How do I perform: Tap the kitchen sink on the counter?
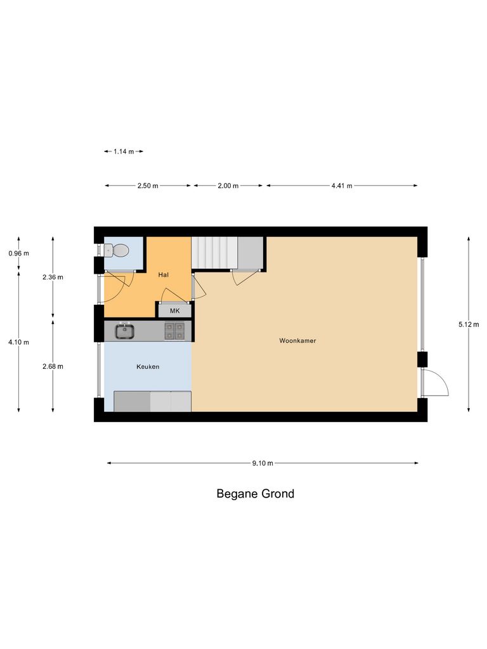124,330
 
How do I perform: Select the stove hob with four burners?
174,330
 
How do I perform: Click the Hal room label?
164,274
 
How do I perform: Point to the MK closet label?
174,311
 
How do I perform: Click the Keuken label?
148,367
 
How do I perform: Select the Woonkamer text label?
297,341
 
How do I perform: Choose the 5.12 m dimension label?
469,324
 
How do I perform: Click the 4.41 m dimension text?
341,186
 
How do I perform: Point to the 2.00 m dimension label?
228,186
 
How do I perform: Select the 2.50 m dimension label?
148,186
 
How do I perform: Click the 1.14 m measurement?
124,151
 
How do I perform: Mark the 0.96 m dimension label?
18,254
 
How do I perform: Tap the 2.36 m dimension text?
53,277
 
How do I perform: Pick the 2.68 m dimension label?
53,366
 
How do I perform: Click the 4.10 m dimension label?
18,342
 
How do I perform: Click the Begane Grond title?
256,494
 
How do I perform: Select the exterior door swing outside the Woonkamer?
436,383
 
